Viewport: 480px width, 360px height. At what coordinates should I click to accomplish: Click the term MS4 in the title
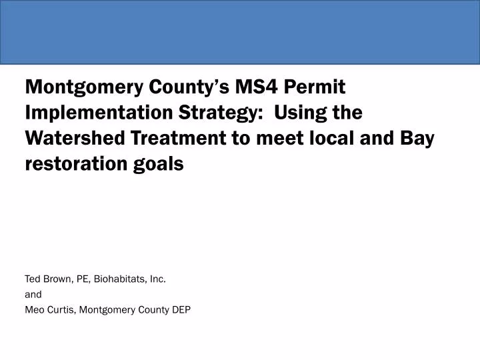point(253,87)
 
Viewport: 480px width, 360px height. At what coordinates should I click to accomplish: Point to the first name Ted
point(33,279)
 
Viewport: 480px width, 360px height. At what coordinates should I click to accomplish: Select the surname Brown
point(59,279)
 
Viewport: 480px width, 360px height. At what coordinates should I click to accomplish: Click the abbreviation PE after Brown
point(85,279)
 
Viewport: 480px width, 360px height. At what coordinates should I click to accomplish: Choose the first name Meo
point(34,309)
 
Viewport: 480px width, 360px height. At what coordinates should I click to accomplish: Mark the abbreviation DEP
point(181,309)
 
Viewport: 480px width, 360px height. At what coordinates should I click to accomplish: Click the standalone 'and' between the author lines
point(33,294)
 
